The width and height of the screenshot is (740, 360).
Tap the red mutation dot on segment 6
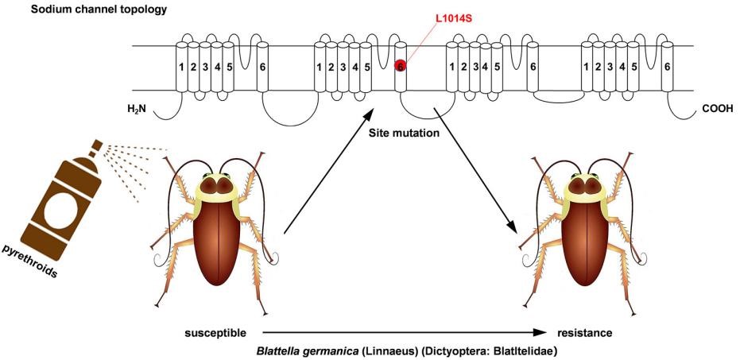coord(401,66)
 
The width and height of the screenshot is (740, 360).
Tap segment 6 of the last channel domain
coord(667,67)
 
